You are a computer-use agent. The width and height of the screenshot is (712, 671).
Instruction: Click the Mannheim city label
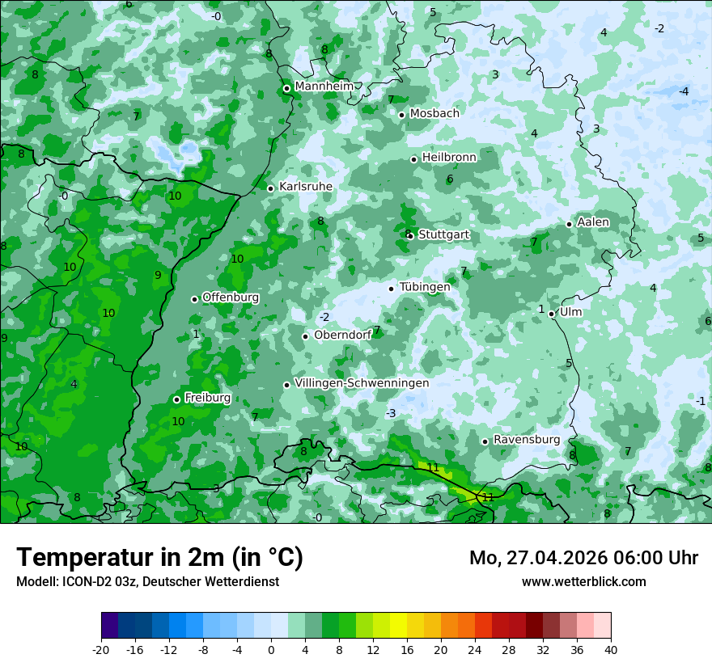(x=324, y=87)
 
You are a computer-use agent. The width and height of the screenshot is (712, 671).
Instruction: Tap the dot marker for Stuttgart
(x=411, y=236)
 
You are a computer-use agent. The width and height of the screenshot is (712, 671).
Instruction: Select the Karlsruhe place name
(x=305, y=187)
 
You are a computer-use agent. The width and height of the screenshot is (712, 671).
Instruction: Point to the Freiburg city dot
(x=176, y=399)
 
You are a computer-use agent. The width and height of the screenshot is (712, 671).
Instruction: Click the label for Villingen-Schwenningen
(x=362, y=383)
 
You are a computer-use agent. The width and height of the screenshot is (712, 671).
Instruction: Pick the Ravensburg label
(x=527, y=440)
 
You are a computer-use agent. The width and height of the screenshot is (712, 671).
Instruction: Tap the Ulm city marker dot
(x=551, y=314)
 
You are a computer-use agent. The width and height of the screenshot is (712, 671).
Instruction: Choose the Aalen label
(x=593, y=222)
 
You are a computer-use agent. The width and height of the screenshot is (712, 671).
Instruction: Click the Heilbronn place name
(x=449, y=157)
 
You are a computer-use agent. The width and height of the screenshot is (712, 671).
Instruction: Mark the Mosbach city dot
(x=401, y=115)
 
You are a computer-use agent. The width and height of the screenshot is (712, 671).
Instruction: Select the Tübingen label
(x=425, y=287)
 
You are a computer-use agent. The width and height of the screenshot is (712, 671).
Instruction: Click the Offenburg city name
(x=231, y=298)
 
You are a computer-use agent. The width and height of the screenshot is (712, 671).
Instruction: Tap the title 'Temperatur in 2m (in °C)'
(x=159, y=558)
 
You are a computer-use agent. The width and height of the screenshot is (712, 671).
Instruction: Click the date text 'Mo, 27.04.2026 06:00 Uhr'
(x=583, y=558)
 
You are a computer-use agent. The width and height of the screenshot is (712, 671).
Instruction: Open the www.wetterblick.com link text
(x=583, y=581)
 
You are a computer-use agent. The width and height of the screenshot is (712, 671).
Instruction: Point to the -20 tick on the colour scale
(x=101, y=649)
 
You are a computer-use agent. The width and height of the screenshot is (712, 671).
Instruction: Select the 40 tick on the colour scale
(x=610, y=649)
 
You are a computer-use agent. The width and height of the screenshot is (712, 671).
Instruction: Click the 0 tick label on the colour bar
(x=271, y=649)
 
